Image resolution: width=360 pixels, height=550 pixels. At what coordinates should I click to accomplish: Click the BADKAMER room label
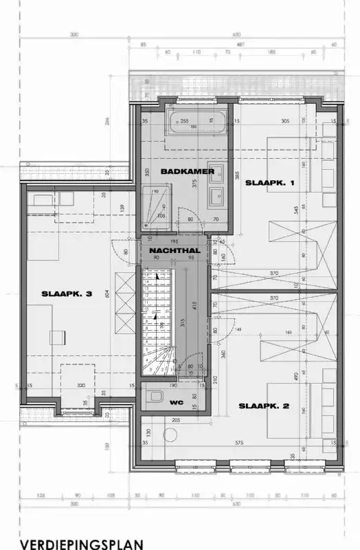[x=188, y=170]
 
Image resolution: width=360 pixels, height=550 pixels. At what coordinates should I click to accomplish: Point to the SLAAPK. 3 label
[x=67, y=294]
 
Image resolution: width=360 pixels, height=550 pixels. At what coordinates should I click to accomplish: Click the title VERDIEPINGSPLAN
[x=82, y=544]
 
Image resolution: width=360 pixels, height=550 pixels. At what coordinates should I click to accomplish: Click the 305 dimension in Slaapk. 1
[x=266, y=121]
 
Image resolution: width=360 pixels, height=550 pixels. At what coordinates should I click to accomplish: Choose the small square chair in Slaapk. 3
[x=58, y=336]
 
